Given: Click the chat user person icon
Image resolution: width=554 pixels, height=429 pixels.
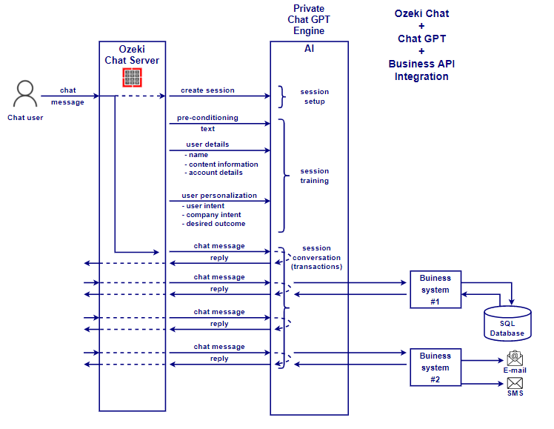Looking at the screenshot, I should [25, 95].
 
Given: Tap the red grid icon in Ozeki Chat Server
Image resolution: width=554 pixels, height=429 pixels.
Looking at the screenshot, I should [132, 77].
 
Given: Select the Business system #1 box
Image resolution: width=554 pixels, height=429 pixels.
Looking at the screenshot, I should [435, 290].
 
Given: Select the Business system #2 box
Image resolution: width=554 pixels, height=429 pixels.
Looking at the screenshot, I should [435, 368].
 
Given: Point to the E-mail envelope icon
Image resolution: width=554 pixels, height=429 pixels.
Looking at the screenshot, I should [515, 358].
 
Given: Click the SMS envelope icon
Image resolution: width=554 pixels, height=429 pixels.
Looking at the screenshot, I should [515, 382].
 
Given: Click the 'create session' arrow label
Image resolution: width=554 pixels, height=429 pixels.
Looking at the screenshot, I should [207, 90].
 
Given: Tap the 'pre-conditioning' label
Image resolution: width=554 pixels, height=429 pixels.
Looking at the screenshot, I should [207, 118].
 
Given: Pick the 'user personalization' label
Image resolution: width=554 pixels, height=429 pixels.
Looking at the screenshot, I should [219, 196].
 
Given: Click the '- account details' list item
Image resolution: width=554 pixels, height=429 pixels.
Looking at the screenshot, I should [213, 173].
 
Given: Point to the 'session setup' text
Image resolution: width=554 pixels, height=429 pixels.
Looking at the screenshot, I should [314, 96].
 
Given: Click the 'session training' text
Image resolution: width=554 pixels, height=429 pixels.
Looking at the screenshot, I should [314, 176].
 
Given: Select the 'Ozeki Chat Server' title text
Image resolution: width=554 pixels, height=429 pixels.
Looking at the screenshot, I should [132, 55].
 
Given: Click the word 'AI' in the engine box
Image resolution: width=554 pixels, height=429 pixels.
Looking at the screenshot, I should [309, 48].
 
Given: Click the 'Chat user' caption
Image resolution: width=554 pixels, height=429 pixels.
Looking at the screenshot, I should [25, 117].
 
